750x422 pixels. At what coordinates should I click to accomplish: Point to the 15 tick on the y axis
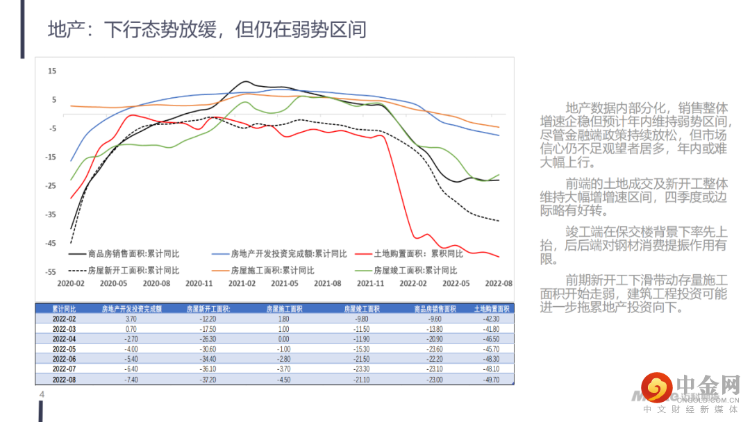coord(52,71)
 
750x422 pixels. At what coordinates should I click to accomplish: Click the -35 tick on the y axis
coord(51,214)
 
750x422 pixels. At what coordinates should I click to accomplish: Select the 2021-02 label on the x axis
coord(242,283)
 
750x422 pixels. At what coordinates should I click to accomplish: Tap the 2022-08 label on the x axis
coord(498,283)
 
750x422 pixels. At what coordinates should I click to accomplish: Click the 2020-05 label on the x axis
coord(114,283)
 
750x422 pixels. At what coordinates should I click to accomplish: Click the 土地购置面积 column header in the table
coord(492,308)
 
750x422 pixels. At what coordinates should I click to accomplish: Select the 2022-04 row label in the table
coord(64,339)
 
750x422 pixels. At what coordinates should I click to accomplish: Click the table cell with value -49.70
coord(492,380)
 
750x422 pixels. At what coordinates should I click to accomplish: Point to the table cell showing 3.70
coord(131,318)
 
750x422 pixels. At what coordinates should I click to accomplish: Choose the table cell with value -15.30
coord(362,348)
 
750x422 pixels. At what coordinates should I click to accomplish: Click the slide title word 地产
coord(65,30)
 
